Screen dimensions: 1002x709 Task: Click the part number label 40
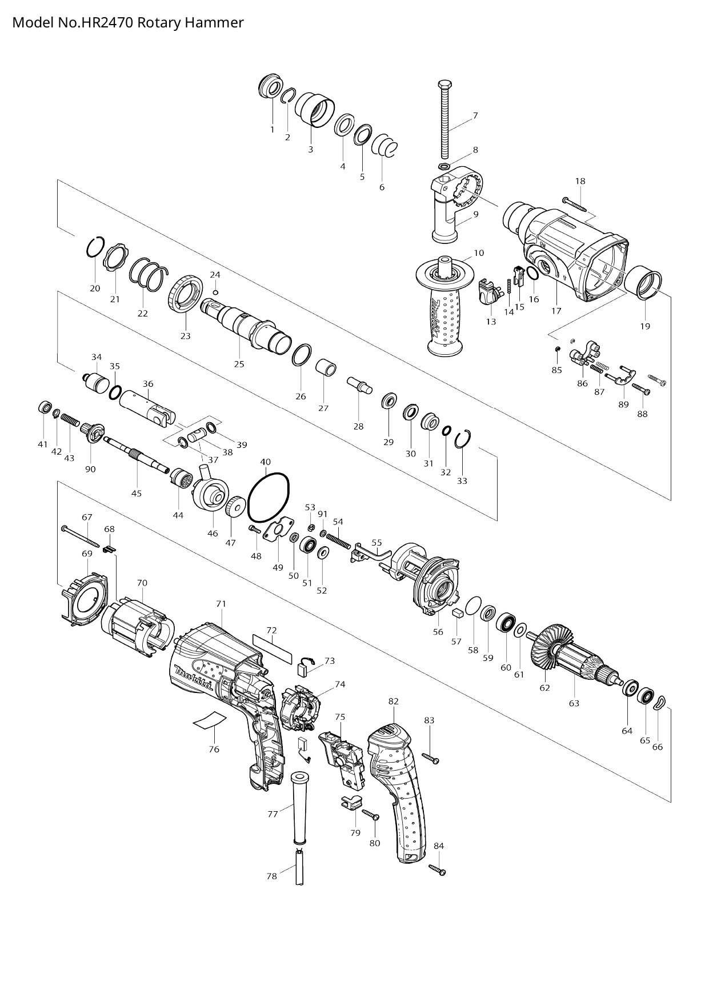click(265, 462)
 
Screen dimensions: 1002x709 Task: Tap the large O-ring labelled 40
click(270, 498)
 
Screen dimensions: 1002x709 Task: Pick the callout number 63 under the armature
click(574, 703)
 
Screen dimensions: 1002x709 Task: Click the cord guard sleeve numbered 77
click(298, 807)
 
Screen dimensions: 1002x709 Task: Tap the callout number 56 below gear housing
click(438, 632)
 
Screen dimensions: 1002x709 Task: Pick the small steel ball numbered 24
click(215, 292)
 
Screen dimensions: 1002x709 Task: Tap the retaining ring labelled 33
click(463, 439)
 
